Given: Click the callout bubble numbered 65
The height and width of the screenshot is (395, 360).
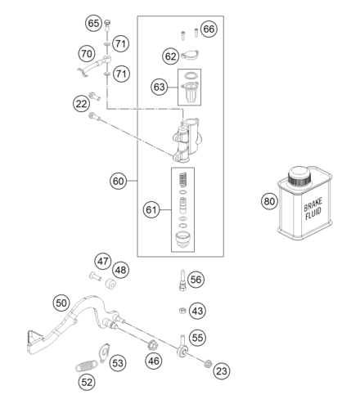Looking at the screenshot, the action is coord(93,24).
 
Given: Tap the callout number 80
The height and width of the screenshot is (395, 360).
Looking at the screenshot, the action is coord(269,201).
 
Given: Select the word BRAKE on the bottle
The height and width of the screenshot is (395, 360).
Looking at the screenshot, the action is coord(313,204).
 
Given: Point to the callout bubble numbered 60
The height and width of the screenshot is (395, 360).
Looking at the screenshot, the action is coord(118,182).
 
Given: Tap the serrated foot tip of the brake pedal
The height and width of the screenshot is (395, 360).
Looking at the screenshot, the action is coord(34,337).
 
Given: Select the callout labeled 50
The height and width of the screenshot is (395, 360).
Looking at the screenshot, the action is coord(61,303).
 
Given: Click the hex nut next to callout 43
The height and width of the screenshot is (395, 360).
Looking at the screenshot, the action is coord(182,310).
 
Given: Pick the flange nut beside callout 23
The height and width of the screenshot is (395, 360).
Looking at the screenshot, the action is coord(208,363).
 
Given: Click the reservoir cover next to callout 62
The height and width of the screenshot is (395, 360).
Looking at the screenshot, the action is coord(190,55).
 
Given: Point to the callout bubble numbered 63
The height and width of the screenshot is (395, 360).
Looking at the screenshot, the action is coord(159,88).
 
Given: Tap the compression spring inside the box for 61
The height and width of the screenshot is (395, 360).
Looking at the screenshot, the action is coord(183,180).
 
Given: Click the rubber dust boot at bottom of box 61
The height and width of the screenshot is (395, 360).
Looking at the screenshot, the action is coord(182,239).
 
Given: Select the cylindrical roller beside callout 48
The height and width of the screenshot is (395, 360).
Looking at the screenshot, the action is coord(110,283).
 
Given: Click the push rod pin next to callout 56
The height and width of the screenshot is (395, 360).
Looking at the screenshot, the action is coord(182,280).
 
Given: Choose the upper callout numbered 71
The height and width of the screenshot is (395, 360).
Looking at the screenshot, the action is coord(120,43).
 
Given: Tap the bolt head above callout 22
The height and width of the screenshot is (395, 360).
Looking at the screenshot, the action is coord(94,97).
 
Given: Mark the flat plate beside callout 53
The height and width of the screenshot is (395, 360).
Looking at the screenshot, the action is coord(104,352).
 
